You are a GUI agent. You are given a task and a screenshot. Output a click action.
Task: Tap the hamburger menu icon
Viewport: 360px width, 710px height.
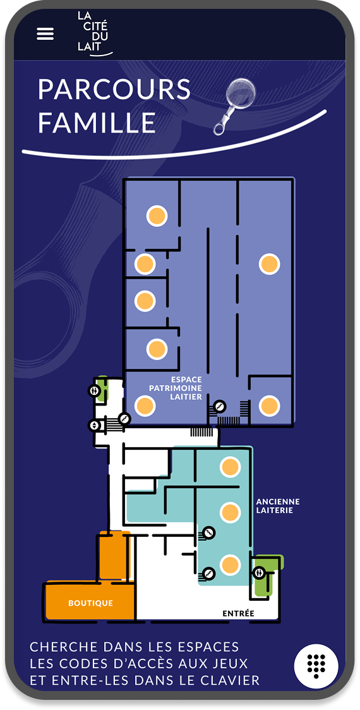point(45,34)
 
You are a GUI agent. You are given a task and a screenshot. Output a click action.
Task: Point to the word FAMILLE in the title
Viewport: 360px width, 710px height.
point(97,123)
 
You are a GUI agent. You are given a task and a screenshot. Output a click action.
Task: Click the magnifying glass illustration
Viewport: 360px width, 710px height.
point(234,104)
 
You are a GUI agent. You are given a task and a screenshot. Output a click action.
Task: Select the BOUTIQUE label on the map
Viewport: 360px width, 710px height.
point(90,603)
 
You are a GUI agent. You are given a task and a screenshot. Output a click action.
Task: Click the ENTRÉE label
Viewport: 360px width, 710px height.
point(238,613)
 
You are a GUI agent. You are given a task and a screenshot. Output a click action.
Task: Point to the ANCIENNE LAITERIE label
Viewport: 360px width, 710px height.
point(278,506)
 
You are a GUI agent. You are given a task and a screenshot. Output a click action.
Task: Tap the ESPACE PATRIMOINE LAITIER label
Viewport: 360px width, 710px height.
point(176,388)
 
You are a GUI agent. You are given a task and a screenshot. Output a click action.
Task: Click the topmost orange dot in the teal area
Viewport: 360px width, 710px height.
point(230,467)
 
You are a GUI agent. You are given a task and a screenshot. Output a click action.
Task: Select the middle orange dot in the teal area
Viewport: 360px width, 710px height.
point(230,512)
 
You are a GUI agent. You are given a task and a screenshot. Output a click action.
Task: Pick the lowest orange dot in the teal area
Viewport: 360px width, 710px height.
point(230,565)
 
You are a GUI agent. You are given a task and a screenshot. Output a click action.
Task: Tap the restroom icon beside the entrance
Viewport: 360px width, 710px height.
point(259,572)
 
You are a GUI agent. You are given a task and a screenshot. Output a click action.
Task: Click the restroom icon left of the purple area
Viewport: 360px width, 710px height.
point(94,391)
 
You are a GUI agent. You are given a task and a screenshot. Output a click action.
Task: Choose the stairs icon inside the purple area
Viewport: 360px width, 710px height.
point(219,407)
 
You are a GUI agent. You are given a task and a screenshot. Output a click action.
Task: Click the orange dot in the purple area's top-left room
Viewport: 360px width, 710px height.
point(157,215)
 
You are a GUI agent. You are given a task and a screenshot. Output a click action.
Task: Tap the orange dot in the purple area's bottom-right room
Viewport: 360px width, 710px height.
point(270,406)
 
